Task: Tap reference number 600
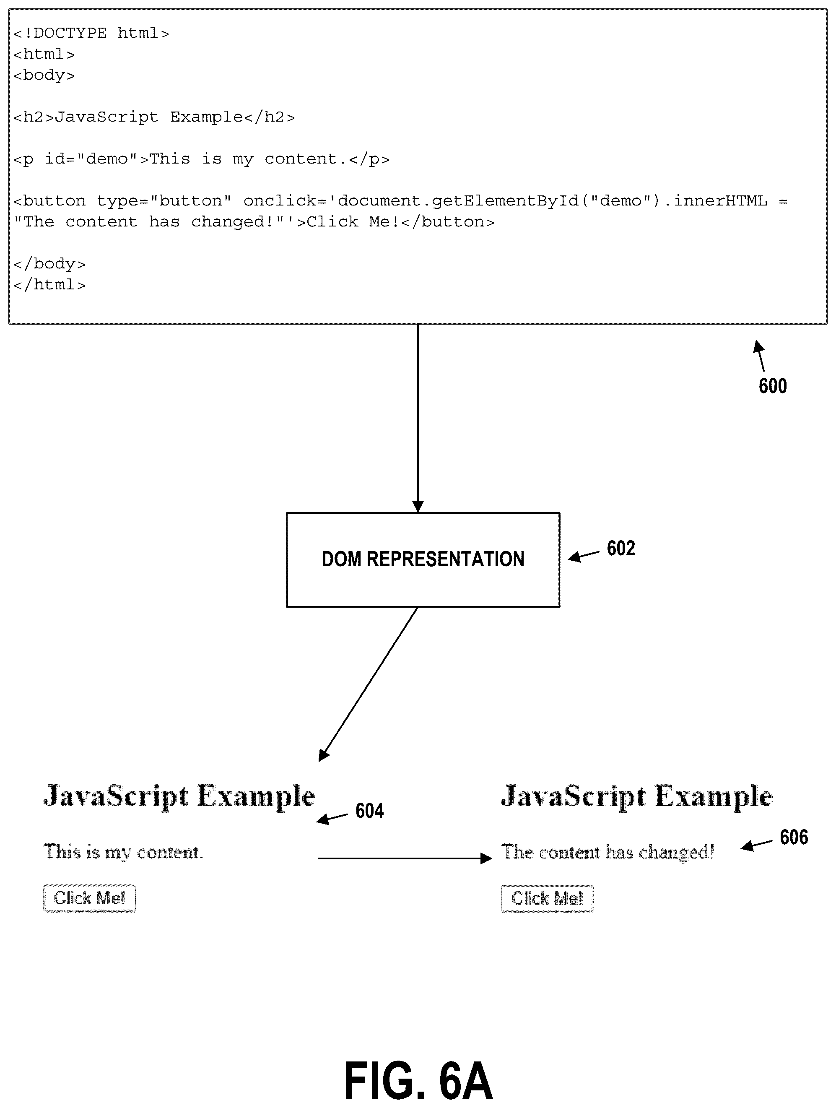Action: click(772, 386)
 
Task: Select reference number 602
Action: click(621, 548)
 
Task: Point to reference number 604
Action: click(370, 811)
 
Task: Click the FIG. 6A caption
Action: click(418, 1081)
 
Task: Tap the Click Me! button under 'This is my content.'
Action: click(90, 898)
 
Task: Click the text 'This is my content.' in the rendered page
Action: click(123, 852)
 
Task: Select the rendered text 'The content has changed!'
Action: click(608, 852)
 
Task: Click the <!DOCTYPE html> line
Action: click(91, 33)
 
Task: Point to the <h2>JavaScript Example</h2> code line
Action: click(154, 117)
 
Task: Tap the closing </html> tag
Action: click(49, 284)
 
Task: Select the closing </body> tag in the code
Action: click(49, 263)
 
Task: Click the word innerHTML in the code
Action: click(720, 201)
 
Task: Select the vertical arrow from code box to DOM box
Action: click(418, 418)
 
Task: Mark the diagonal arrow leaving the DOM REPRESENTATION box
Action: click(368, 684)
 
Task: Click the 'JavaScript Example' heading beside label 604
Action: click(179, 796)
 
